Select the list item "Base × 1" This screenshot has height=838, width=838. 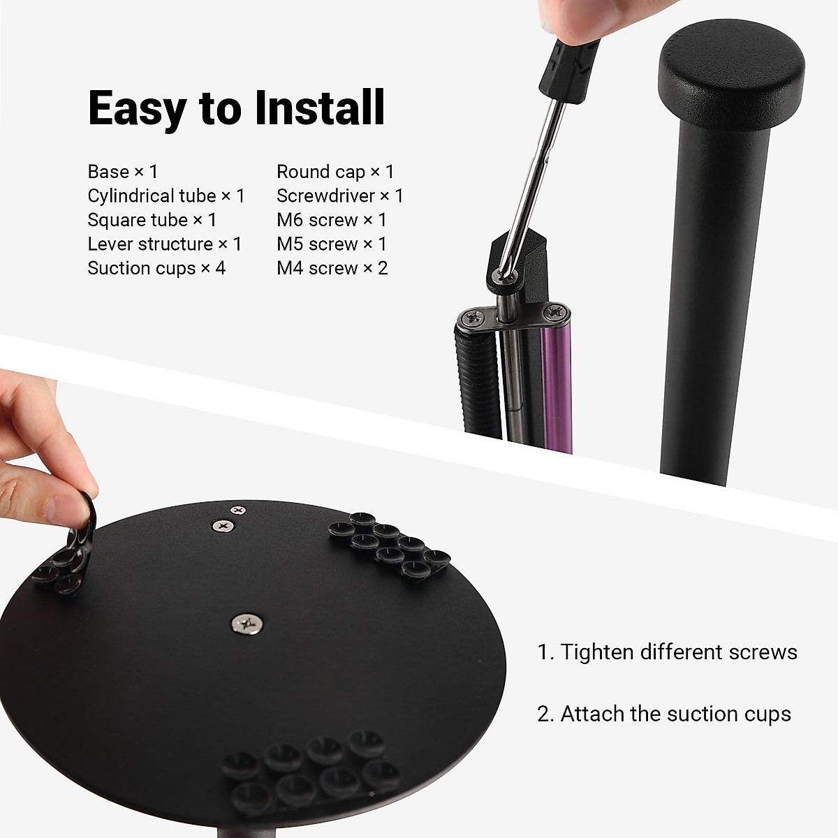pyautogui.click(x=123, y=172)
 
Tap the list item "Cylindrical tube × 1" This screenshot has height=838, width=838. pyautogui.click(x=166, y=196)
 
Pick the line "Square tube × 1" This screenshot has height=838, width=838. pyautogui.click(x=152, y=220)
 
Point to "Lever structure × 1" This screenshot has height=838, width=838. pyautogui.click(x=165, y=244)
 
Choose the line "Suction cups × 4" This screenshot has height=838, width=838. pyautogui.click(x=156, y=268)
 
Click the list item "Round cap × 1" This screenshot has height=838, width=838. pyautogui.click(x=335, y=172)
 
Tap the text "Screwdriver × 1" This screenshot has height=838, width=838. pyautogui.click(x=340, y=196)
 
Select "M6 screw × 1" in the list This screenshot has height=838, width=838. pyautogui.click(x=332, y=220)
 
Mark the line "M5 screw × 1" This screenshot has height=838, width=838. pyautogui.click(x=332, y=244)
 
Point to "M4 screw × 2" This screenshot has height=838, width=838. pyautogui.click(x=332, y=268)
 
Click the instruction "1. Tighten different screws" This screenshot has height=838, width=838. pyautogui.click(x=668, y=652)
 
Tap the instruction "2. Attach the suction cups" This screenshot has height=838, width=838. pyautogui.click(x=664, y=714)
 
